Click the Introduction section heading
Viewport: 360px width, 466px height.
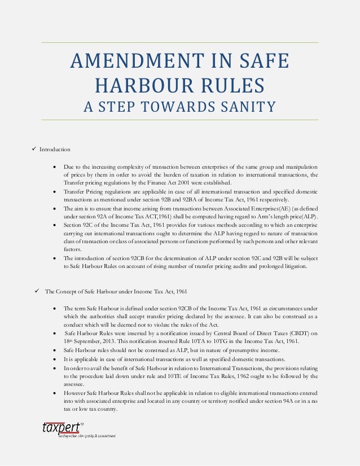click(55, 150)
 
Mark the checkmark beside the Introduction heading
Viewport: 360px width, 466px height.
click(34, 149)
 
